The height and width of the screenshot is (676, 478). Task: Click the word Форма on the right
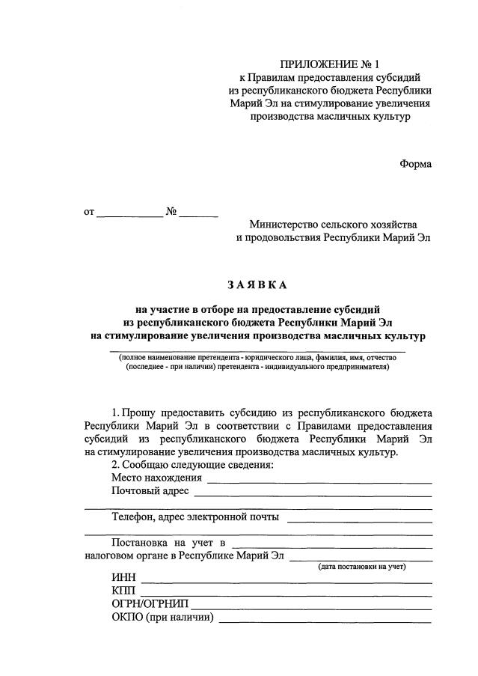(415, 164)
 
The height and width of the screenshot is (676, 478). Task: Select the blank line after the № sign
(198, 215)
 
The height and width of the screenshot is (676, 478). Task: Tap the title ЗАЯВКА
(257, 284)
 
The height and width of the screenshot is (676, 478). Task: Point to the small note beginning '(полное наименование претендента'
(257, 358)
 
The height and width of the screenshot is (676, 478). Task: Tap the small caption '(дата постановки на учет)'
(362, 567)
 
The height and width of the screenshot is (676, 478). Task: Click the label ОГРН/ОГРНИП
(150, 605)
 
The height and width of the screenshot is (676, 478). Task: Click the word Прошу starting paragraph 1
(140, 412)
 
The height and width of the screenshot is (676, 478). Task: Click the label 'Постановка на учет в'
(168, 542)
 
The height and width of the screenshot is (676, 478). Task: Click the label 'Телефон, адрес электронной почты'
(196, 517)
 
